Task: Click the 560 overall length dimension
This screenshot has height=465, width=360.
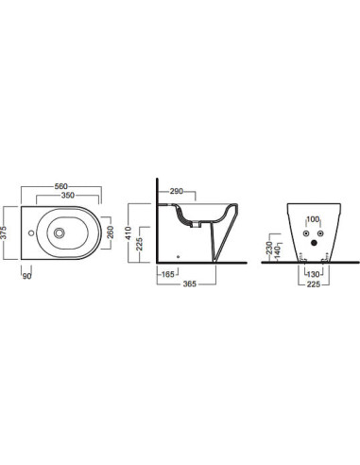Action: coord(61,186)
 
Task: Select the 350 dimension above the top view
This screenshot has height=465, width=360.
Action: coord(68,196)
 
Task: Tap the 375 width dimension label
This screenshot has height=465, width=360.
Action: coord(4,232)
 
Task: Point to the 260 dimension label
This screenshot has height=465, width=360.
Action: coord(111,232)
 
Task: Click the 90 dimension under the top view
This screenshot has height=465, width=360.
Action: coord(27,276)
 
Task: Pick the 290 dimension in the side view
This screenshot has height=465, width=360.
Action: coord(177,191)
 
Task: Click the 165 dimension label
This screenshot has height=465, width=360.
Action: coord(167,274)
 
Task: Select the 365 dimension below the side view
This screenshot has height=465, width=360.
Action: coord(190,284)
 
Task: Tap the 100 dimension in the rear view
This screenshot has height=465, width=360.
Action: coord(313,219)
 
